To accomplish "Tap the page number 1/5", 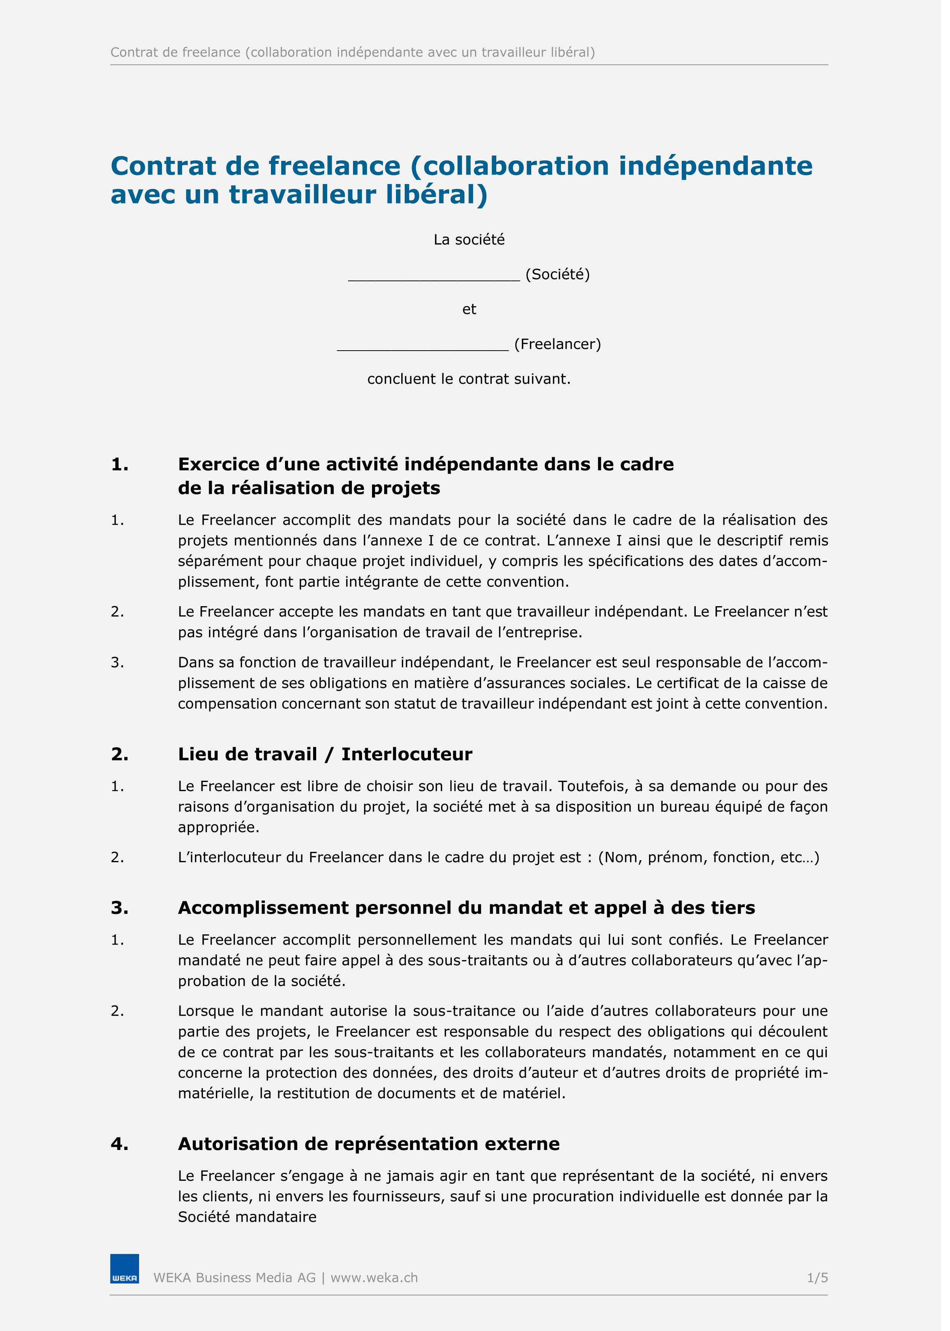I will tap(817, 1278).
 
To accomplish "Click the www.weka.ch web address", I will tap(374, 1278).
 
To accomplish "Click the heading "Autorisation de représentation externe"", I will tap(369, 1144).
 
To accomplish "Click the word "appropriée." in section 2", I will tap(218, 828).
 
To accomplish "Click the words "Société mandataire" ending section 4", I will tap(247, 1217).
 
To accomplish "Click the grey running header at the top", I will tap(352, 53).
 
